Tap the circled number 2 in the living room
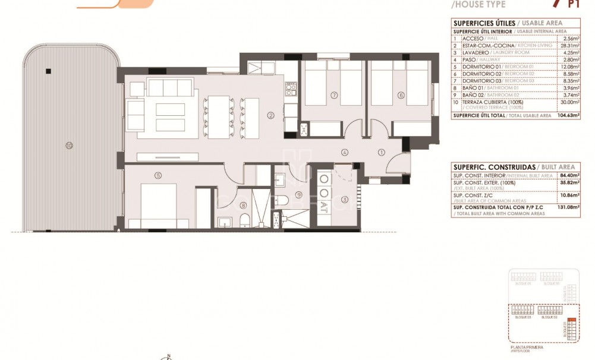click(270, 116)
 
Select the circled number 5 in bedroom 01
click(158, 175)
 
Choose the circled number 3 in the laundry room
click(344, 200)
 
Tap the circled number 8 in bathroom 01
click(243, 206)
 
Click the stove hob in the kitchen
click(291, 90)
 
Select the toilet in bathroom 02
click(284, 200)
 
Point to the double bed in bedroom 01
click(159, 206)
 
